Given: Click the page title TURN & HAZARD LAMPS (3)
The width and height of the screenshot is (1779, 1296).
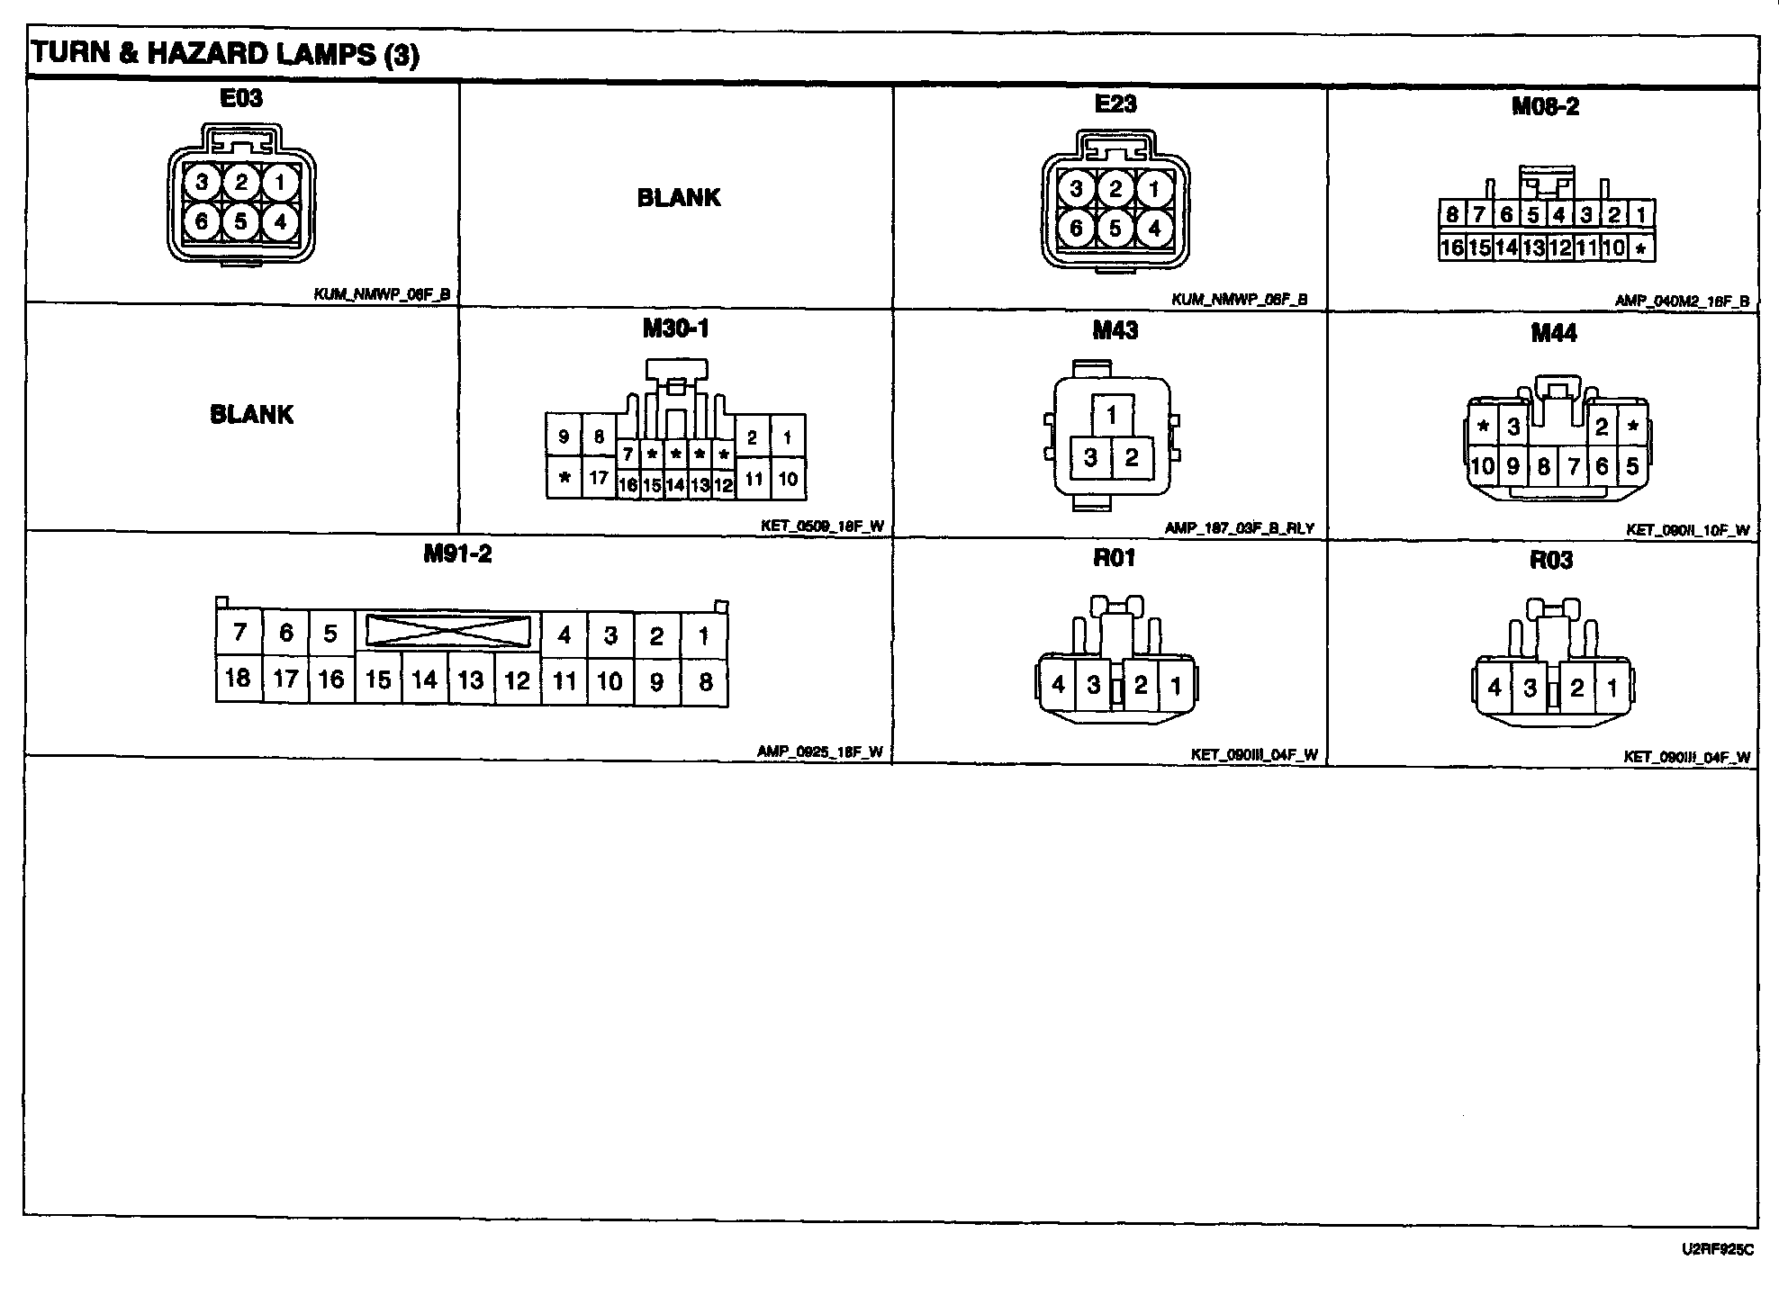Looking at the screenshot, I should [225, 55].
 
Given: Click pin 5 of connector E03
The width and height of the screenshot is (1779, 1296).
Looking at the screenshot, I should [240, 220].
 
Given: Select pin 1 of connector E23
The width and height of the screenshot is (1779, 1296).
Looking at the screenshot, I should [1153, 189].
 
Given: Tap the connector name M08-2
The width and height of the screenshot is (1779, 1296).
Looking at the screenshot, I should [1545, 107].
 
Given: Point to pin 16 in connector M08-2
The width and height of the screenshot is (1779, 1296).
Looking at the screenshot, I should [1451, 247].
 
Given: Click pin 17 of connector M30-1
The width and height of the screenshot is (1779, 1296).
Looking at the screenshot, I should [599, 478].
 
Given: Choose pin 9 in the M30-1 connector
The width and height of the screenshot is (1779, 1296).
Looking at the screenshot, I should [564, 437].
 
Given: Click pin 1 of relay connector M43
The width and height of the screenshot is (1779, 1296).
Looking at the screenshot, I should [1112, 415].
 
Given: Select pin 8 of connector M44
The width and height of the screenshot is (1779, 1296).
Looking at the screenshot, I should [1543, 466].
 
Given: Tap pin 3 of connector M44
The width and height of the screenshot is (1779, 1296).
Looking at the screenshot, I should [1513, 427].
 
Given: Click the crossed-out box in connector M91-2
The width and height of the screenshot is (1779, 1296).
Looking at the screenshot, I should [447, 631].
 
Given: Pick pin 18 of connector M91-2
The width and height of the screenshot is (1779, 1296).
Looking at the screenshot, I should [238, 678].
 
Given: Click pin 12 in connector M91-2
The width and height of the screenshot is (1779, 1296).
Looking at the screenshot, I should [517, 680].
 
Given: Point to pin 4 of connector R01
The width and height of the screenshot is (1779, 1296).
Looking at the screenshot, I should [1058, 686].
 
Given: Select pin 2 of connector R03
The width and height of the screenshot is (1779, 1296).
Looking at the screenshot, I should [1576, 688].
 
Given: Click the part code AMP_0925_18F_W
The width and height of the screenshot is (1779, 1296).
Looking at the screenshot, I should [819, 753].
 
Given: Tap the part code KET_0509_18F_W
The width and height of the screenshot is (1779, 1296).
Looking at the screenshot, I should [822, 527].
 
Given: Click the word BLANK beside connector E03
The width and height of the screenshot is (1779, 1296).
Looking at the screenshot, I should [679, 198].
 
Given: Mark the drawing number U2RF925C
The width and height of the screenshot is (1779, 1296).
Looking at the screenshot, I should [1717, 1250].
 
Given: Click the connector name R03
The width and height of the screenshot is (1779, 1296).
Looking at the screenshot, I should [1551, 561].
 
